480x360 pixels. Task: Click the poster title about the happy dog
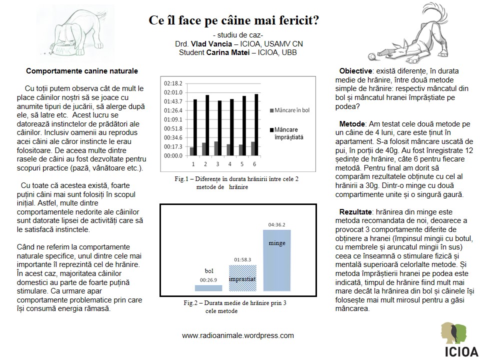pos(234,21)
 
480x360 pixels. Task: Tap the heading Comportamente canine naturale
pos(82,71)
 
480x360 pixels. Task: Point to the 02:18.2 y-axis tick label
pos(173,83)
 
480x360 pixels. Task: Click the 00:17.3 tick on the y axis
pos(173,146)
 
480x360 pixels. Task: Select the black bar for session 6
pos(256,124)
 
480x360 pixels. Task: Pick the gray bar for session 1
pos(192,151)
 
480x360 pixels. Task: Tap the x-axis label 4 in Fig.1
pos(229,164)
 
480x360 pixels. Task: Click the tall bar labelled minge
pos(277,260)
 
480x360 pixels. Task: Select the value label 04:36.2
pos(276,224)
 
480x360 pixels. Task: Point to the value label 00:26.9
pos(208,280)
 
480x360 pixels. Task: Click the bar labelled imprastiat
pos(242,278)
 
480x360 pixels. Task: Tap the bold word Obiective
pos(355,71)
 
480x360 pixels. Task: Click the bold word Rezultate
pos(356,212)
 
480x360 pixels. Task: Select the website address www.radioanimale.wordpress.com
pos(238,335)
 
